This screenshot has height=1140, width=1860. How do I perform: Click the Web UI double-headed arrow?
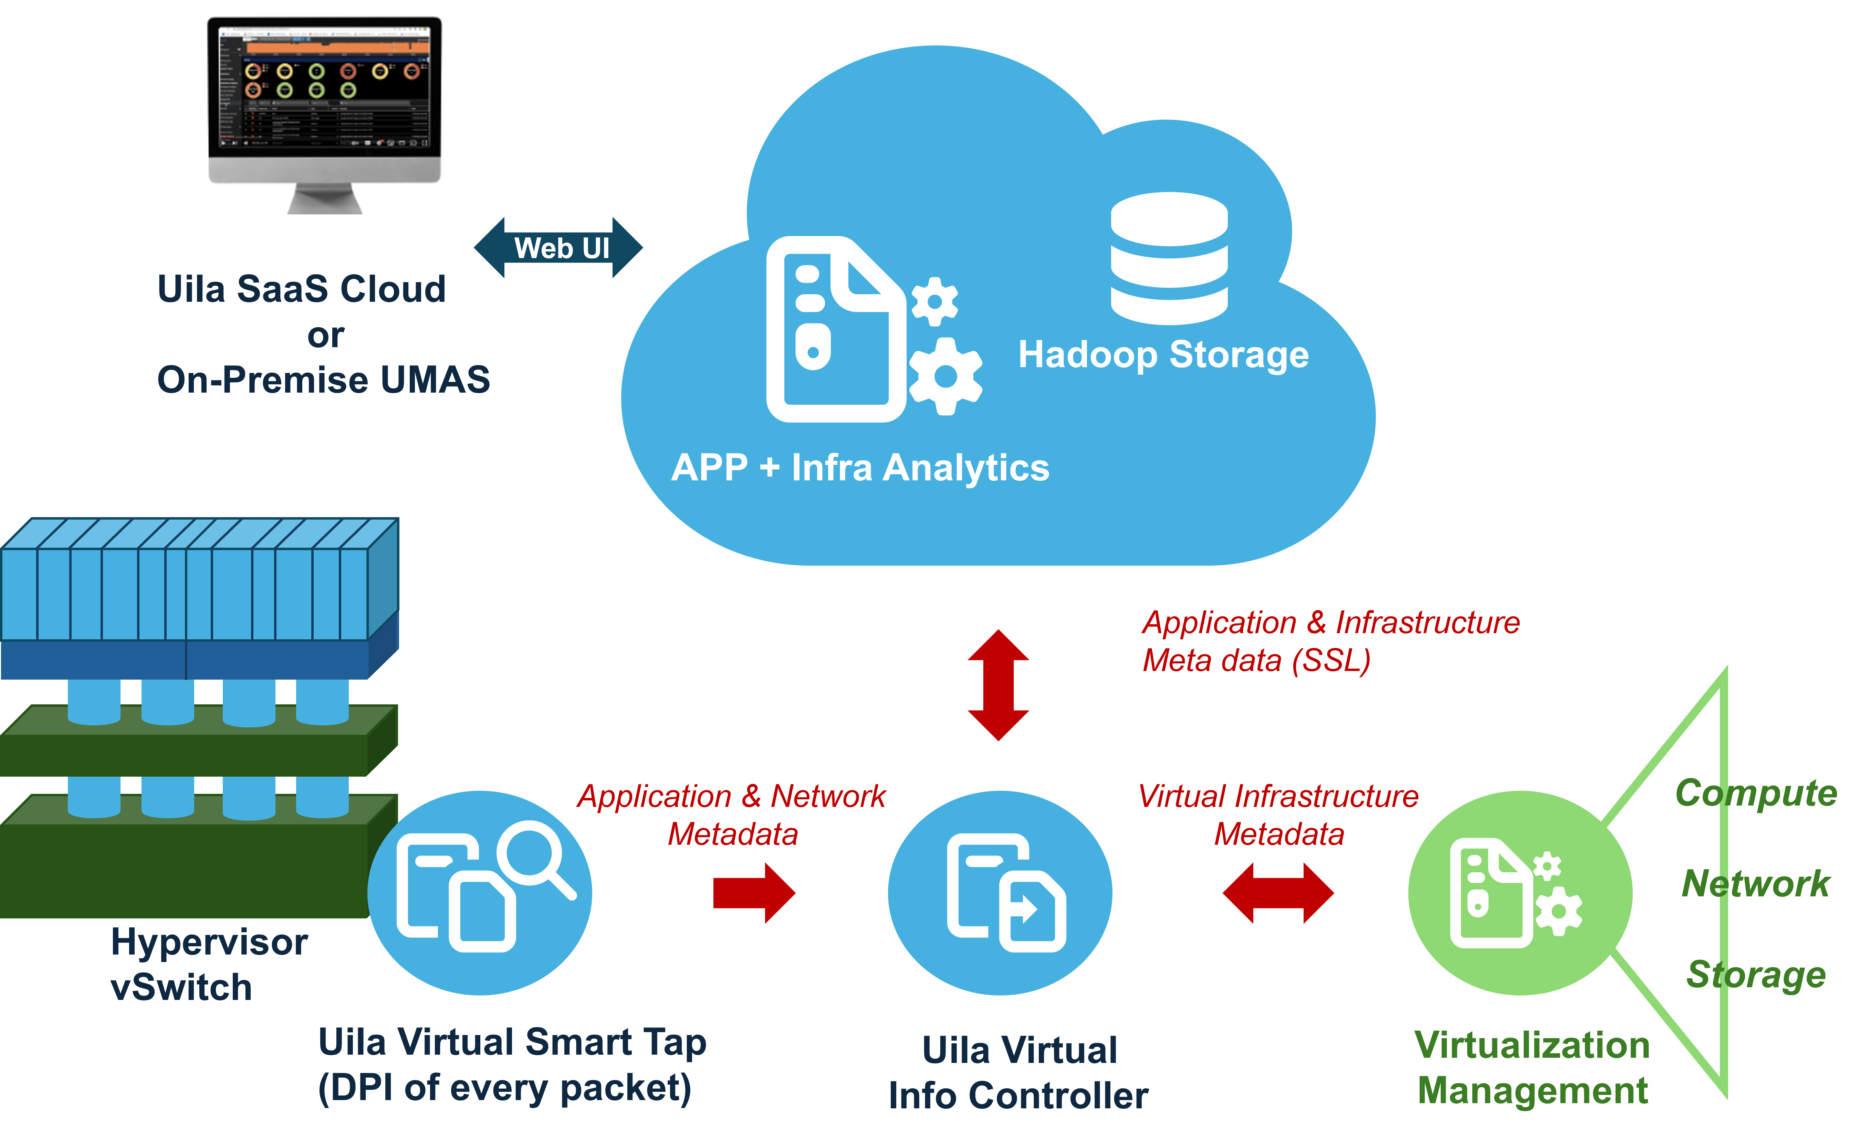558,247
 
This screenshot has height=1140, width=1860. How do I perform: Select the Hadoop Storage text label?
1163,355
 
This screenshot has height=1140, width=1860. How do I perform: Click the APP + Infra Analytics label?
860,468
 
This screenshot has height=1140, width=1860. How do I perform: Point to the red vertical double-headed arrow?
998,685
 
